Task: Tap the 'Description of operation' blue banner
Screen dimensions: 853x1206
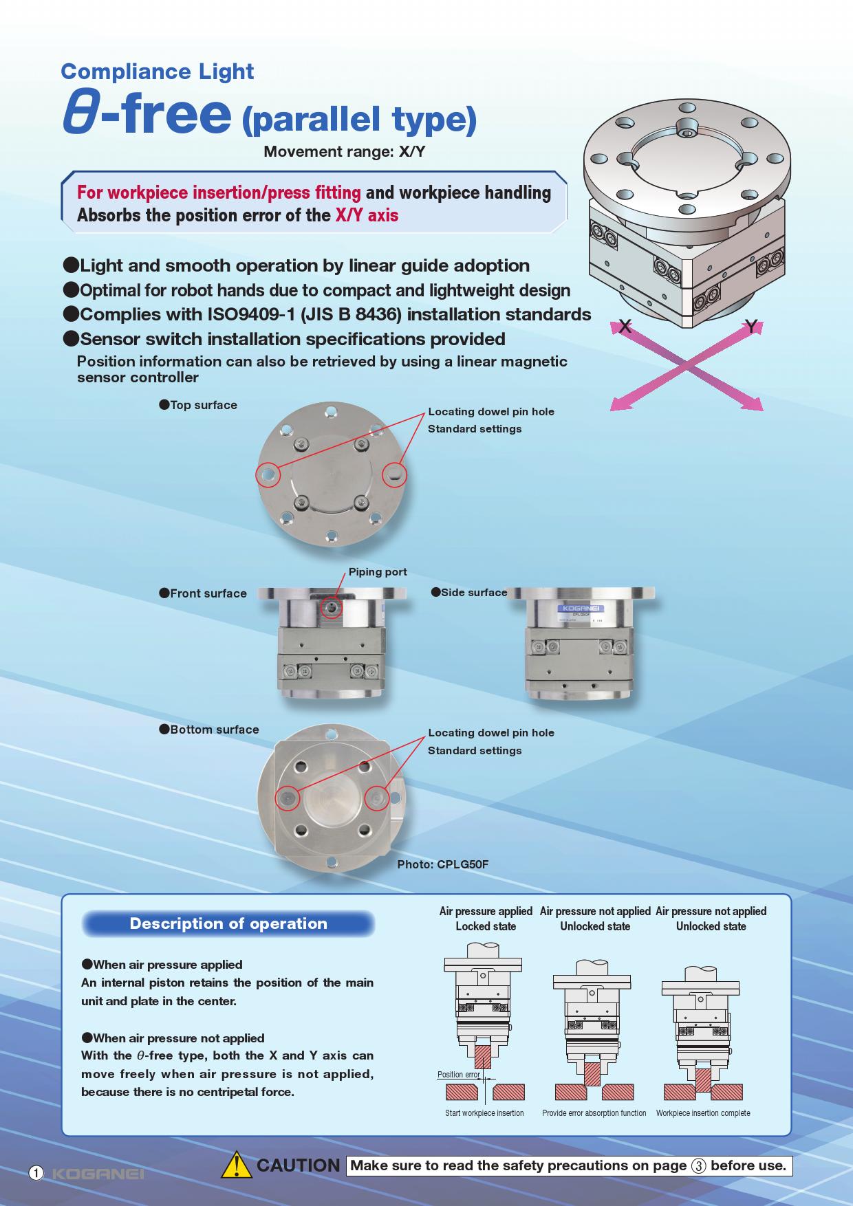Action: [228, 923]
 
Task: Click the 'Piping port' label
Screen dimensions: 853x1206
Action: [378, 572]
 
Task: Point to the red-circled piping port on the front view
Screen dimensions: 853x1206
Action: [332, 607]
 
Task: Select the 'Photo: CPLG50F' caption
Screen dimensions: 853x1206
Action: [443, 864]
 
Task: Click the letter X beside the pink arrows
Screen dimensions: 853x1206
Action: [625, 327]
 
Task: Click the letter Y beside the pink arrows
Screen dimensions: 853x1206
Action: [752, 327]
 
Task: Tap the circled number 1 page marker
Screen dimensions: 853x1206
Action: [36, 1173]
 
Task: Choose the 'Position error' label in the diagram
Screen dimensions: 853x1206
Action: [459, 1074]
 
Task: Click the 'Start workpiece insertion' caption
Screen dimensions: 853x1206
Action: [484, 1112]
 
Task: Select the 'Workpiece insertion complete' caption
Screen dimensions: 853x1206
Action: [703, 1112]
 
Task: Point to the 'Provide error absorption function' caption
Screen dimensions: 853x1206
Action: [594, 1112]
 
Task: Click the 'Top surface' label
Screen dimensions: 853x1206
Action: [198, 405]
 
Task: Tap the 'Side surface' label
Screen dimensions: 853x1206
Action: [469, 592]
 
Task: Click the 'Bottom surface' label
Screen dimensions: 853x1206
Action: [209, 730]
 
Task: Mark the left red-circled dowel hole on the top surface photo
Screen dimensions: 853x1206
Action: [268, 474]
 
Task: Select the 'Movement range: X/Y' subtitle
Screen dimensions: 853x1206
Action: [345, 152]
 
